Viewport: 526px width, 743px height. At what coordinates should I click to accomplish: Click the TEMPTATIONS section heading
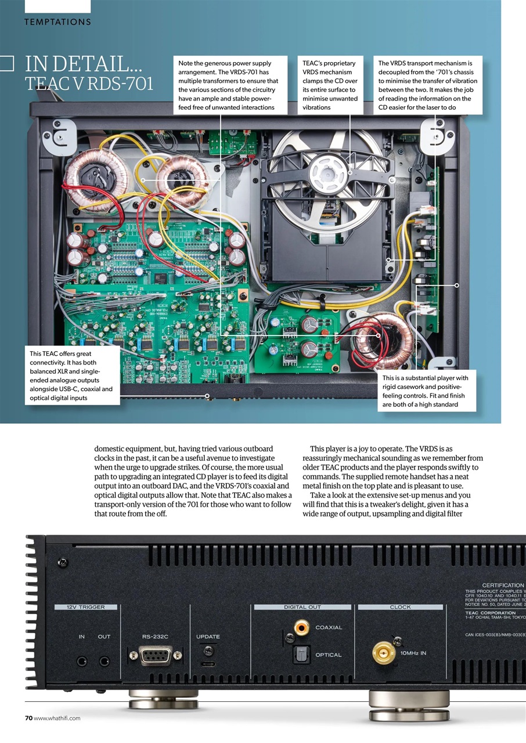pyautogui.click(x=57, y=22)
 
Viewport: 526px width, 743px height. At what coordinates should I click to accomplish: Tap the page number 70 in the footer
pyautogui.click(x=28, y=718)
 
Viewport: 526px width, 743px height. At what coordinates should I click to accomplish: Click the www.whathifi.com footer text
pyautogui.click(x=57, y=718)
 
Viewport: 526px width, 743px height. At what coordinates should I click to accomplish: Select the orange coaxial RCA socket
pyautogui.click(x=301, y=627)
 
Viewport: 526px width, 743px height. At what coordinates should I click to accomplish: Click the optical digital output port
pyautogui.click(x=301, y=655)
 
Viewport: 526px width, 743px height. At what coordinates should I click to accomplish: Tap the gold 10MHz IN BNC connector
pyautogui.click(x=383, y=653)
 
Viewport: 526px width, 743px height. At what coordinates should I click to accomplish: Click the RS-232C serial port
pyautogui.click(x=156, y=655)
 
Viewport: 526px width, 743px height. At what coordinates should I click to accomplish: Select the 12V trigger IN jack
pyautogui.click(x=82, y=661)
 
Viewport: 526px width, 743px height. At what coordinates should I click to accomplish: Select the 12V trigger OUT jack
pyautogui.click(x=105, y=661)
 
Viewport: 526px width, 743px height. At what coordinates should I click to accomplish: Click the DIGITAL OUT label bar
pyautogui.click(x=302, y=607)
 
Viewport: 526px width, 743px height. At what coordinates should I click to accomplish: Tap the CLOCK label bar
pyautogui.click(x=400, y=607)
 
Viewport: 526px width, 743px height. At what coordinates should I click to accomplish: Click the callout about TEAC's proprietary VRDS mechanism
pyautogui.click(x=330, y=85)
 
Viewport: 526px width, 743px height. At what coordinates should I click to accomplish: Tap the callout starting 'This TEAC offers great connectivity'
pyautogui.click(x=72, y=375)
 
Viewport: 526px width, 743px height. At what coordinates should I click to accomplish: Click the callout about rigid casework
pyautogui.click(x=426, y=391)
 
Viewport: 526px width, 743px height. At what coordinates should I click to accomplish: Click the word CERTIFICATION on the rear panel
pyautogui.click(x=503, y=585)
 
